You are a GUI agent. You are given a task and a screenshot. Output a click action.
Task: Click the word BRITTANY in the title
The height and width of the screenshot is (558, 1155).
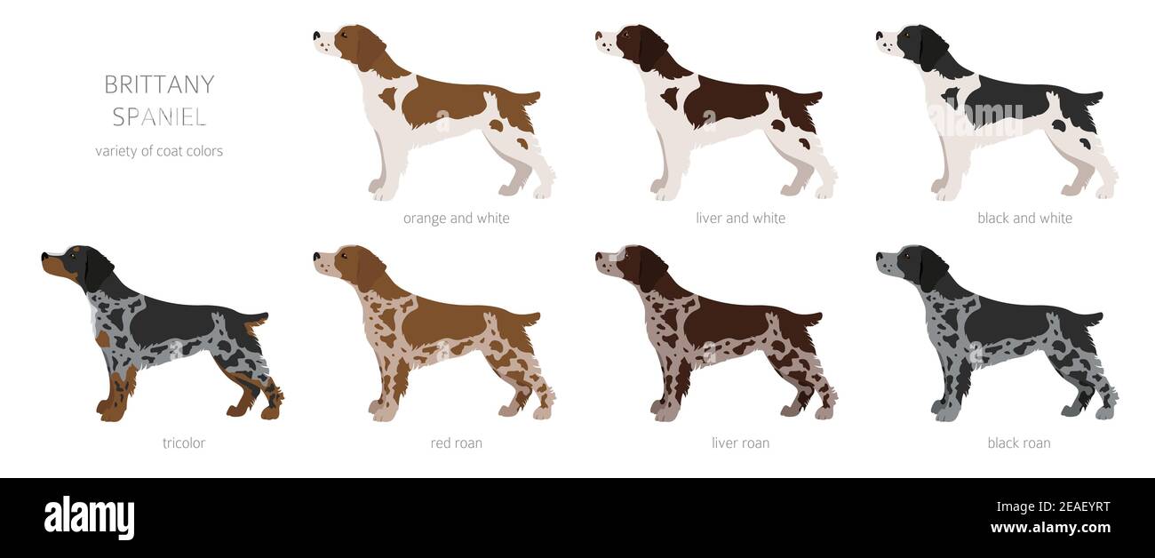tap(159, 84)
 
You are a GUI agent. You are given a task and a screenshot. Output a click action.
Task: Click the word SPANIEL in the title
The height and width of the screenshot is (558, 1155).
tap(159, 116)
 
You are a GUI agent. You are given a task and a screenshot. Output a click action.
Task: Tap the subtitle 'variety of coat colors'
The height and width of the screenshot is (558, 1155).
tap(159, 151)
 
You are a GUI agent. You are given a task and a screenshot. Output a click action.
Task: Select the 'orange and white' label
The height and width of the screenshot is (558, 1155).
tap(456, 218)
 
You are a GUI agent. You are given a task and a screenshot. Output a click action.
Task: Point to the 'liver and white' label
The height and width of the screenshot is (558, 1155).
tap(740, 218)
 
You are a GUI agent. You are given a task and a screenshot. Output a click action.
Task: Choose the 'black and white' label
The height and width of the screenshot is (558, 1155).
tap(1024, 218)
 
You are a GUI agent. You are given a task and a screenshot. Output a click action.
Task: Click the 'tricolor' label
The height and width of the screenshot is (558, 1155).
tap(184, 442)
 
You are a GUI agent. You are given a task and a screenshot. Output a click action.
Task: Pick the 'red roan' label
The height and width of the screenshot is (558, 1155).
tap(456, 442)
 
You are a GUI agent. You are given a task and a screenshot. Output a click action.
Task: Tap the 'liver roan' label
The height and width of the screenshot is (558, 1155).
tap(740, 442)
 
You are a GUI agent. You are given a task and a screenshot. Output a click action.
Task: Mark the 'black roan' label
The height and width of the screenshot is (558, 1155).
tap(1018, 442)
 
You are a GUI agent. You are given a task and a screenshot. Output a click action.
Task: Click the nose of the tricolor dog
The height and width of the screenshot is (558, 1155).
tap(44, 257)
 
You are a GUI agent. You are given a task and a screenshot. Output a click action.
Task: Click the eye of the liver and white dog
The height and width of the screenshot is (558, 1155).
tap(623, 35)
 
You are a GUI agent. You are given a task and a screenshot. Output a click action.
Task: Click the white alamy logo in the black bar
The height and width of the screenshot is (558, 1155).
tap(89, 517)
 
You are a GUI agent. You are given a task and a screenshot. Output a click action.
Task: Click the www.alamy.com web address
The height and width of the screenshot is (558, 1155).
tap(1049, 528)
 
